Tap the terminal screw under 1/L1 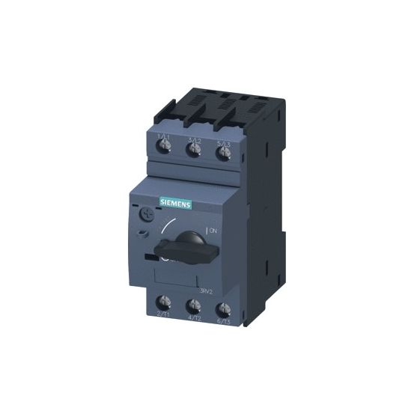click(x=162, y=152)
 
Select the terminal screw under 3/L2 click(x=194, y=152)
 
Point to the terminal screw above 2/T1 click(x=163, y=303)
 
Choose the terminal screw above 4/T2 click(x=194, y=305)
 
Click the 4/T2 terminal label click(x=193, y=317)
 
